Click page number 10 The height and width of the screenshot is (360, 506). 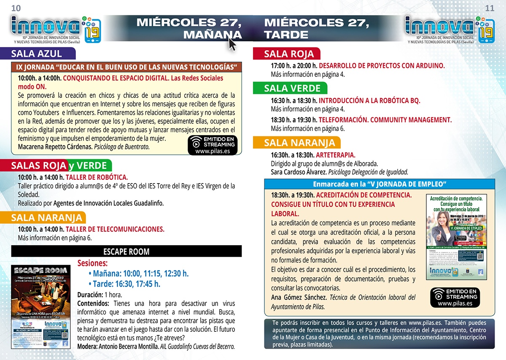pos(16,8)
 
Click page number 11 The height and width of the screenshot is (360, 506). pos(490,8)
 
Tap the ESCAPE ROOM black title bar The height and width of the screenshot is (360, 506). pos(126,252)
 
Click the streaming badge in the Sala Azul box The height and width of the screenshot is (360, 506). pos(213,145)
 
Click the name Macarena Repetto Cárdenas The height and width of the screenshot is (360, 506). pos(55,147)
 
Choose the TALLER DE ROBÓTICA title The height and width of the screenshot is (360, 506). pos(97,178)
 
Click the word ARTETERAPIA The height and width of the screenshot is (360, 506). pos(336,155)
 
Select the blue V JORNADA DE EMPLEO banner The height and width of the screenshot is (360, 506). pos(379,184)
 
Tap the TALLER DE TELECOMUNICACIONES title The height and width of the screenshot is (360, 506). pos(115,230)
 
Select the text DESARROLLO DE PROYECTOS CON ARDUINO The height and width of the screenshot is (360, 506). pos(382,66)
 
